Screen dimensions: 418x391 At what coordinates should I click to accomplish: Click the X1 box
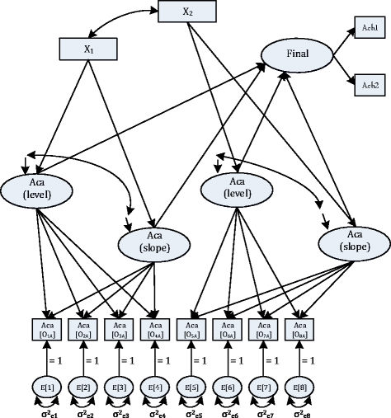(x=87, y=49)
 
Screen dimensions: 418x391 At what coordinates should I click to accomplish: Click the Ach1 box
(x=368, y=28)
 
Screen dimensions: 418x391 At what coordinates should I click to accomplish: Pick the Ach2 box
(x=368, y=85)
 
